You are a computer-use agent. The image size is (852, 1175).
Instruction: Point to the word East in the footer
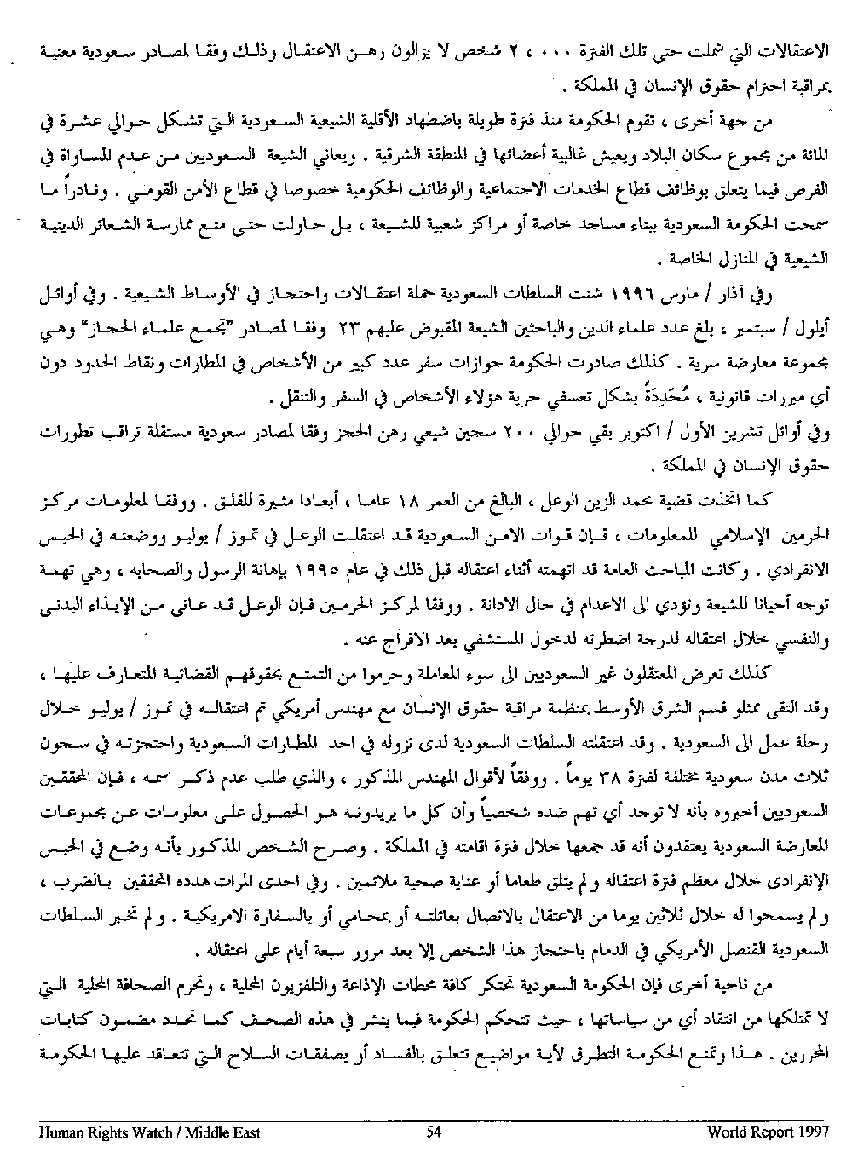(x=245, y=1132)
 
